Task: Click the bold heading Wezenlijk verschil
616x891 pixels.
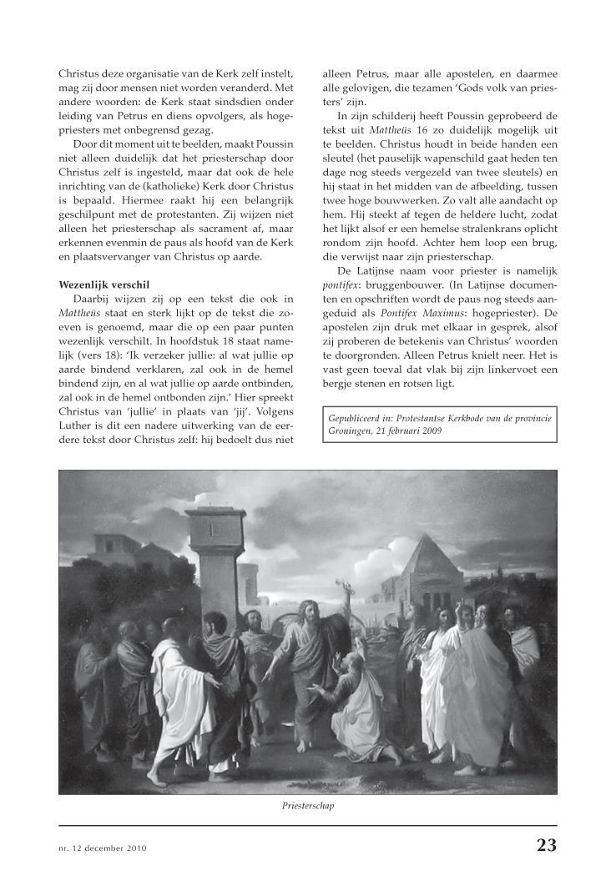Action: (104, 284)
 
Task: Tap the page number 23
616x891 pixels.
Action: (546, 845)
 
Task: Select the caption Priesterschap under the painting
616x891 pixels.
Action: (308, 807)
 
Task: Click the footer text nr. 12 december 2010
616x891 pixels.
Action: (103, 848)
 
